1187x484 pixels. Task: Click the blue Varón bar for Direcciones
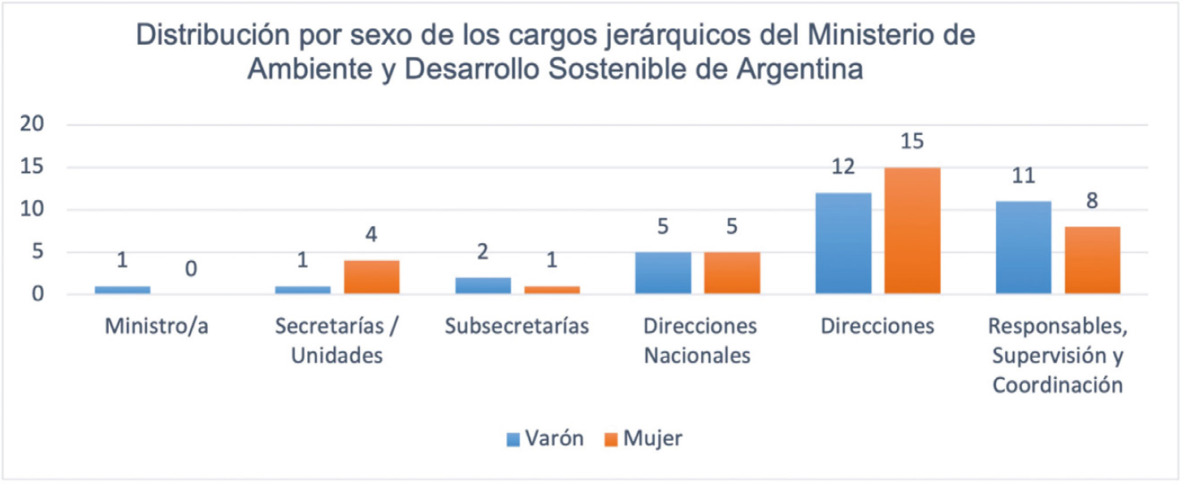843,242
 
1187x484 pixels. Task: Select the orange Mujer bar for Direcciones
912,230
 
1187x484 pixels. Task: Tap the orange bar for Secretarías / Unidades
371,277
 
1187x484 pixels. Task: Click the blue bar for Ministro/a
123,290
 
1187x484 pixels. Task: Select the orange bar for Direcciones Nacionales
732,273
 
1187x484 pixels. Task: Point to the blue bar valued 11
1024,246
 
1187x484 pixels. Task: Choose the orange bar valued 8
1093,259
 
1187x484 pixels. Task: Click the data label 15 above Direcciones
912,141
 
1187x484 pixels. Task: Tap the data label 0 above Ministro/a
192,269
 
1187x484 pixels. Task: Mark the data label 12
843,167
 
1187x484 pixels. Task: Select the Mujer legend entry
643,438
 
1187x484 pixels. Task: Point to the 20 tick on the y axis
33,124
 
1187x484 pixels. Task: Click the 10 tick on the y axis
33,210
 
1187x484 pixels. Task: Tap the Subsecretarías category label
517,327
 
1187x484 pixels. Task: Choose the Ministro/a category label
157,327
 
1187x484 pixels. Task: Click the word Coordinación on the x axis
1057,384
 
